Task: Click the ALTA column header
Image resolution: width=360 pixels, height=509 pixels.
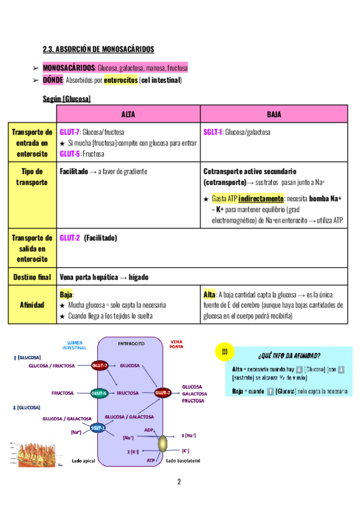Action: click(128, 114)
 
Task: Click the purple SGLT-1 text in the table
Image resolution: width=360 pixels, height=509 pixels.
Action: click(212, 132)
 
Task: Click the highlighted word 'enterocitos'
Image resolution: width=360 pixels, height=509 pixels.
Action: click(120, 80)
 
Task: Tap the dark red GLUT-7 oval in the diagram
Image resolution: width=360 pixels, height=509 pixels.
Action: click(100, 365)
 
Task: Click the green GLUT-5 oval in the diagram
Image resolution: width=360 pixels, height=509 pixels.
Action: click(99, 393)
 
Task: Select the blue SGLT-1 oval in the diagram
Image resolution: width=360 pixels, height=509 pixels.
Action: click(98, 427)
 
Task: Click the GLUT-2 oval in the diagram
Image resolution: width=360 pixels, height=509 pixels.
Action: click(163, 393)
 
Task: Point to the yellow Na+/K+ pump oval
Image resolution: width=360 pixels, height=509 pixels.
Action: click(163, 445)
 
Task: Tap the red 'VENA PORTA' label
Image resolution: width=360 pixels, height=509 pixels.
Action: click(177, 344)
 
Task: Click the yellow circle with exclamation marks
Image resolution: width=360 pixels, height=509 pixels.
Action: click(224, 354)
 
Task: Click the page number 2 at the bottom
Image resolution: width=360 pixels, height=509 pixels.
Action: click(179, 481)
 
